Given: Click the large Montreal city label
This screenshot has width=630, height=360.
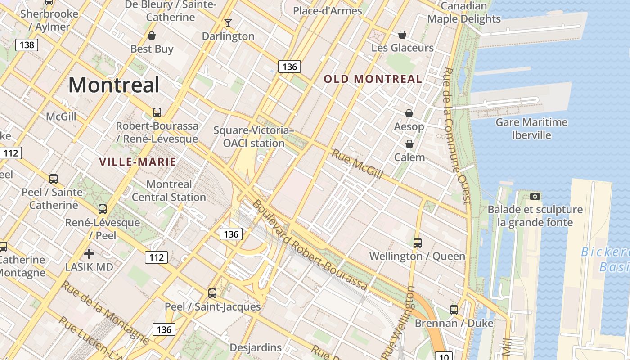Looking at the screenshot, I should pyautogui.click(x=114, y=85).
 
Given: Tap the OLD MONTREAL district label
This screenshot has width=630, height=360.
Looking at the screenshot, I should pyautogui.click(x=373, y=79).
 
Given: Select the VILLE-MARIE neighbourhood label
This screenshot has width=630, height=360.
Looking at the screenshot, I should pyautogui.click(x=137, y=162).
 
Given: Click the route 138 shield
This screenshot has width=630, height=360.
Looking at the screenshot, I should pyautogui.click(x=27, y=45).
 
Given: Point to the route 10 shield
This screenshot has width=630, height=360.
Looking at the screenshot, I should pyautogui.click(x=444, y=356).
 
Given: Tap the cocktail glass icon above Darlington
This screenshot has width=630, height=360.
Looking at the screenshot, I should pyautogui.click(x=228, y=22).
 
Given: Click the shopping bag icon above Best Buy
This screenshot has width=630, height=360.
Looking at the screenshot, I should pyautogui.click(x=152, y=35).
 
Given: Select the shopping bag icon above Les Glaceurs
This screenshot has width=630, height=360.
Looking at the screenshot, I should pyautogui.click(x=402, y=34).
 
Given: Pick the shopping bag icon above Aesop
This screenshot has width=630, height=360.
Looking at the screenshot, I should pyautogui.click(x=409, y=113).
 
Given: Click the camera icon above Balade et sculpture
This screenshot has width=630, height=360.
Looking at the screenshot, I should pyautogui.click(x=535, y=196).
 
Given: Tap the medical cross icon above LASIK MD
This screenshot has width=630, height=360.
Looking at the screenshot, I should pyautogui.click(x=89, y=254).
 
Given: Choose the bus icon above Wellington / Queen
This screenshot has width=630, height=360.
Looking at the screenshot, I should pyautogui.click(x=417, y=243).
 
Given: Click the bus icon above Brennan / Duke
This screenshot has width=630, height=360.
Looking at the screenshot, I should pyautogui.click(x=454, y=310).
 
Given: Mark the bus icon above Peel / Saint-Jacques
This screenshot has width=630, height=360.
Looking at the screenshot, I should pyautogui.click(x=212, y=293).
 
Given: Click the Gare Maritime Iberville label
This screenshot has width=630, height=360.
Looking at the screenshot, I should pyautogui.click(x=531, y=129).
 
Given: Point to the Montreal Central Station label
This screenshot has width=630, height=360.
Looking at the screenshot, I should pyautogui.click(x=169, y=191).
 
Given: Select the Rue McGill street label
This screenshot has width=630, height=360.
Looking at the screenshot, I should pyautogui.click(x=357, y=164).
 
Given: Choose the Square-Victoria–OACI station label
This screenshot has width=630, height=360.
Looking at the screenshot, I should pyautogui.click(x=254, y=137).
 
